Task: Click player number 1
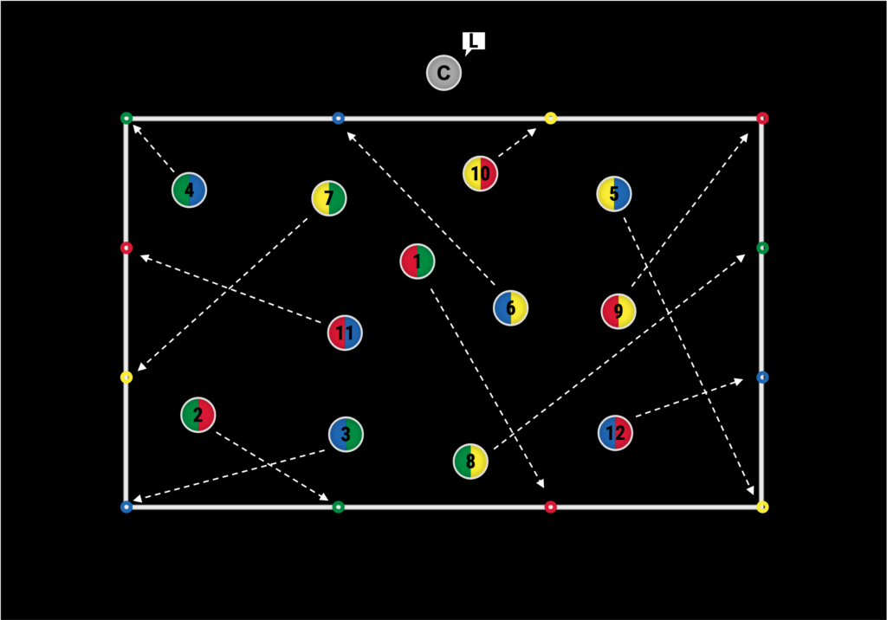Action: pyautogui.click(x=417, y=262)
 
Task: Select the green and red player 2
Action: pyautogui.click(x=198, y=416)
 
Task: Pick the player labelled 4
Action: pyautogui.click(x=189, y=190)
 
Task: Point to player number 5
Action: pyautogui.click(x=614, y=194)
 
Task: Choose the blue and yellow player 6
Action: pyautogui.click(x=510, y=308)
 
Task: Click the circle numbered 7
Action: pyautogui.click(x=328, y=199)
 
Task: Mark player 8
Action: pyautogui.click(x=470, y=462)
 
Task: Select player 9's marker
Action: pyautogui.click(x=618, y=312)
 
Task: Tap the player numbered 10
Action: pyautogui.click(x=480, y=174)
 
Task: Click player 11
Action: pyautogui.click(x=345, y=333)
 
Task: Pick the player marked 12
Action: pyautogui.click(x=615, y=433)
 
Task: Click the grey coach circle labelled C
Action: pyautogui.click(x=443, y=74)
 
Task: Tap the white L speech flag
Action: pyautogui.click(x=474, y=42)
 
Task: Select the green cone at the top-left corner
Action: pyautogui.click(x=126, y=118)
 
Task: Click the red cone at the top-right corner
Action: pyautogui.click(x=762, y=118)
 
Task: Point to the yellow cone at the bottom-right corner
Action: pyautogui.click(x=762, y=507)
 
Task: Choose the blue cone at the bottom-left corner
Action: pyautogui.click(x=126, y=507)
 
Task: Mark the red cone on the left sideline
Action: pyautogui.click(x=126, y=248)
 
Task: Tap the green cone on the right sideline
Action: pyautogui.click(x=762, y=248)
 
